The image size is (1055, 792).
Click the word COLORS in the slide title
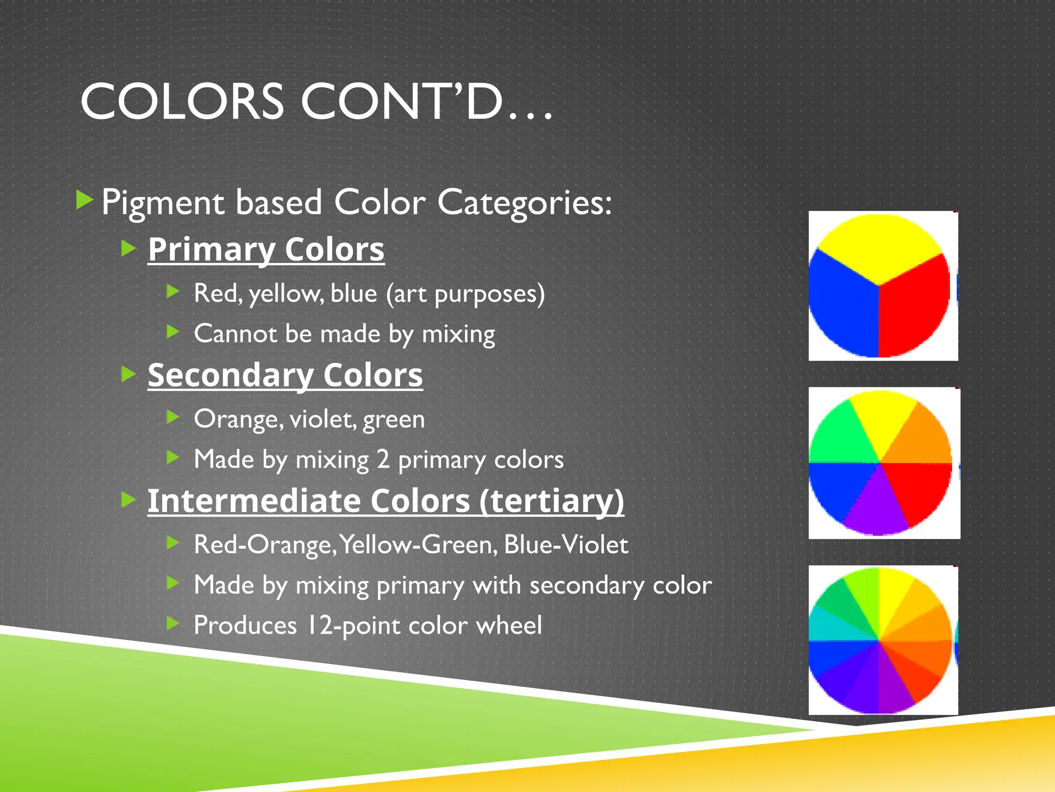pos(182,102)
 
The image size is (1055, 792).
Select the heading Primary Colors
pos(266,250)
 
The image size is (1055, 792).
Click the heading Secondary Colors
pos(285,375)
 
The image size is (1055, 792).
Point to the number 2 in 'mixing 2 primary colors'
pos(383,459)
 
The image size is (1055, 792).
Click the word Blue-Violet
pos(566,544)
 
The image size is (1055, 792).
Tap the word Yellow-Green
pos(418,544)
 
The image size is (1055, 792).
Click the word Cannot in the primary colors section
pos(235,334)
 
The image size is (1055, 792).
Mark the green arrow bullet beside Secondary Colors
pos(128,374)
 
